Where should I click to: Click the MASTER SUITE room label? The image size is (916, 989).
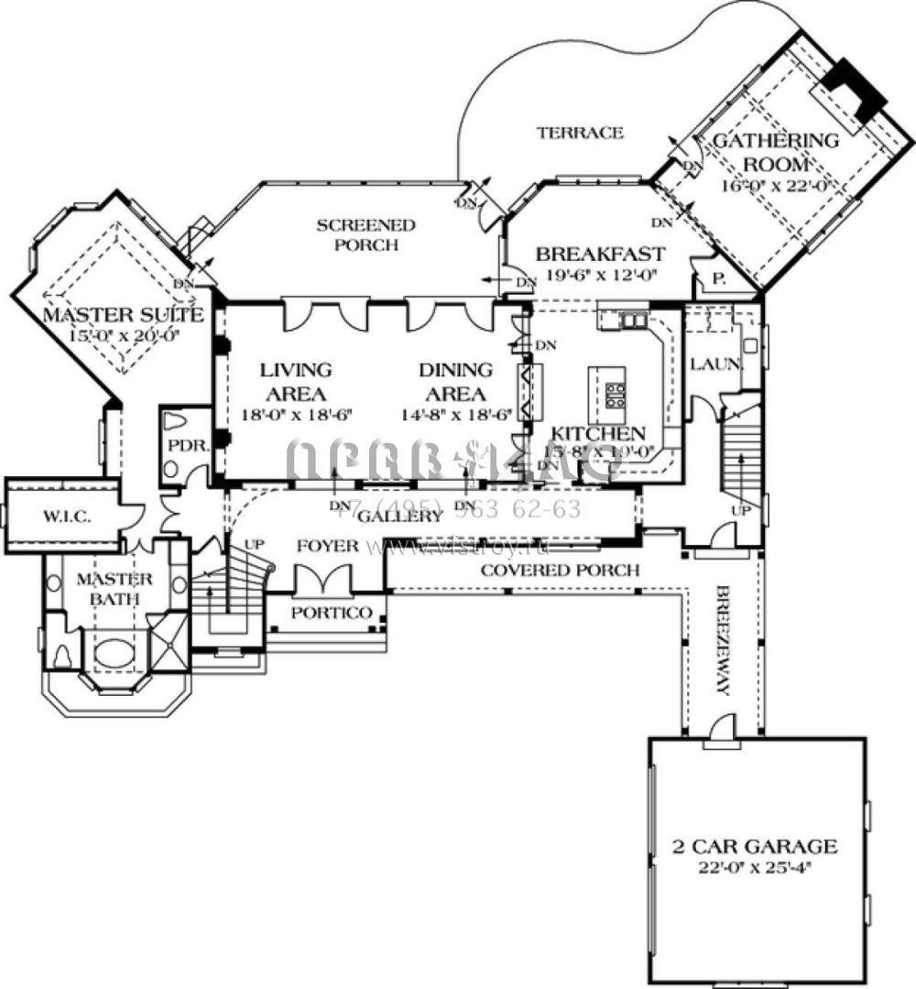pyautogui.click(x=123, y=316)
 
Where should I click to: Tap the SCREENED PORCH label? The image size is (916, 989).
pyautogui.click(x=365, y=234)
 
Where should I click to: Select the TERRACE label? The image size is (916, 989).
pyautogui.click(x=580, y=133)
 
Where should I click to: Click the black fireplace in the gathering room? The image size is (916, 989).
pyautogui.click(x=854, y=86)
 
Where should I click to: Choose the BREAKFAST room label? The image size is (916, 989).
pyautogui.click(x=600, y=254)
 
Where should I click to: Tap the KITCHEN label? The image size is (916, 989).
pyautogui.click(x=598, y=434)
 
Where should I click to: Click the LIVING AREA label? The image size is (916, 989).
pyautogui.click(x=295, y=382)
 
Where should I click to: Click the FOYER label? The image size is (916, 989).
pyautogui.click(x=327, y=546)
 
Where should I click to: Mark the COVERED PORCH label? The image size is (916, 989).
pyautogui.click(x=560, y=570)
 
